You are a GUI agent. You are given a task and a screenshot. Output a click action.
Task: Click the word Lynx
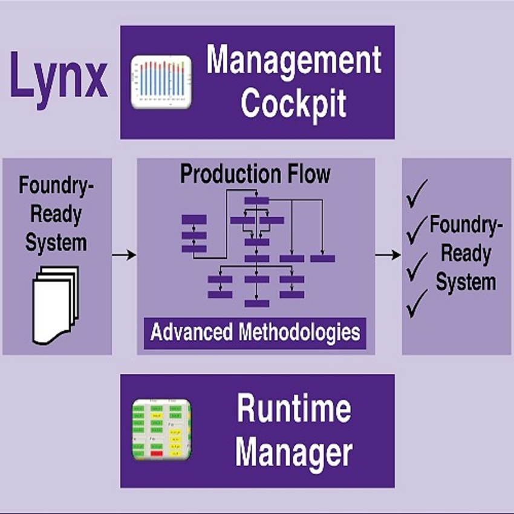pos(59,75)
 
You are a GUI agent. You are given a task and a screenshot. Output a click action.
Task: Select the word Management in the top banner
pos(294,61)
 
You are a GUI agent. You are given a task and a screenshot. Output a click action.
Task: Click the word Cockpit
pos(294,103)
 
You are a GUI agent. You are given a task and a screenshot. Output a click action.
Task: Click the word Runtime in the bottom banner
pos(294,409)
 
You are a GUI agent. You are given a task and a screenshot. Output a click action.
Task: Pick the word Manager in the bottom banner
pos(294,452)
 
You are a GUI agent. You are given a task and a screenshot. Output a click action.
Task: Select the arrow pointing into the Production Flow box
pos(124,255)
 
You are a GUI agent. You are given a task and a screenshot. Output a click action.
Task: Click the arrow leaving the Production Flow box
pos(388,255)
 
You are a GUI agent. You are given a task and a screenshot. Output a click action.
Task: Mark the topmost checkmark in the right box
pos(418,192)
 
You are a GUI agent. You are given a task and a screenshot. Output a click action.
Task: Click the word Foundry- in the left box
pos(56,186)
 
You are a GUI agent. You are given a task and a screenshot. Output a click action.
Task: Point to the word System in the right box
pos(466,282)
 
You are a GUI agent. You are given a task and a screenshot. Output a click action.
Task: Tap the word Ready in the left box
pos(56,215)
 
